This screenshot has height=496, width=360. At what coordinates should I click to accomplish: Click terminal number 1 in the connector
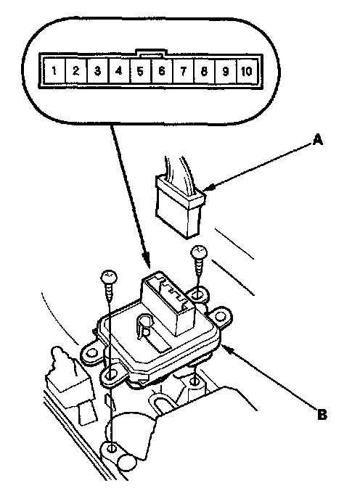pyautogui.click(x=54, y=70)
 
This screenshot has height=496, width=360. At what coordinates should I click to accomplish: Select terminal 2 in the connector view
pyautogui.click(x=75, y=70)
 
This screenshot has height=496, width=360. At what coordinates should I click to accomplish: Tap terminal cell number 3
pyautogui.click(x=97, y=70)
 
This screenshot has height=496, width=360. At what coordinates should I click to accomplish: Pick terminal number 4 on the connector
pyautogui.click(x=119, y=70)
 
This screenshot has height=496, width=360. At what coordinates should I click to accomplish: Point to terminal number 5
pyautogui.click(x=140, y=70)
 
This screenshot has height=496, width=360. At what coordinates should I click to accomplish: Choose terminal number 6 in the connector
pyautogui.click(x=161, y=70)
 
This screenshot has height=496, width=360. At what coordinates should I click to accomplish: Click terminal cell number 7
pyautogui.click(x=183, y=70)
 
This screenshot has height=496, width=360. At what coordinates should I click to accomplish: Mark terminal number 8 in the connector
pyautogui.click(x=204, y=70)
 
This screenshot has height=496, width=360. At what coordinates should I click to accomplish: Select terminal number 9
pyautogui.click(x=226, y=70)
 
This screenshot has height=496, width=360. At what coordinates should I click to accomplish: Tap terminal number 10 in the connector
pyautogui.click(x=247, y=70)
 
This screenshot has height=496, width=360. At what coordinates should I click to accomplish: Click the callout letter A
pyautogui.click(x=318, y=139)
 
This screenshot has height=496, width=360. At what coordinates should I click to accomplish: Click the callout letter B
pyautogui.click(x=322, y=414)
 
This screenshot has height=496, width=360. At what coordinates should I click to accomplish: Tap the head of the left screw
pyautogui.click(x=110, y=278)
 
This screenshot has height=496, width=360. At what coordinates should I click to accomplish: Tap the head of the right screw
pyautogui.click(x=199, y=252)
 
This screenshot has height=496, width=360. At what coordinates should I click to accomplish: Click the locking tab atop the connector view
pyautogui.click(x=150, y=52)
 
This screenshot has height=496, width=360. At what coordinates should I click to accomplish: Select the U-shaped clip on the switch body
pyautogui.click(x=143, y=327)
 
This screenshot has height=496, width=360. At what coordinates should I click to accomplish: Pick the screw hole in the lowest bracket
pyautogui.click(x=112, y=448)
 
